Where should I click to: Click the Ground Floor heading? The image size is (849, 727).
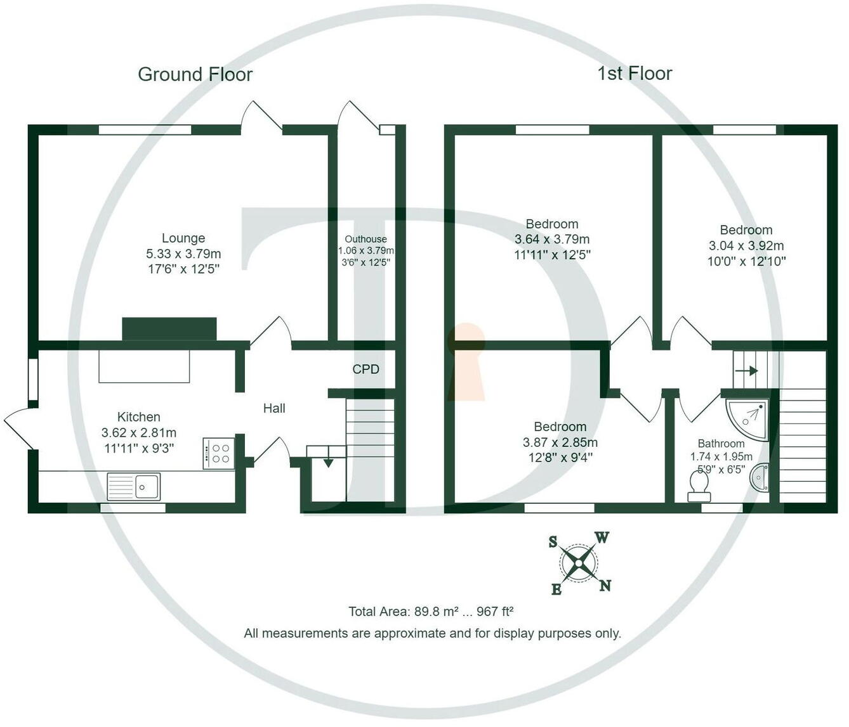click(x=195, y=75)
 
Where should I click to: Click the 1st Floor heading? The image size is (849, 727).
click(x=634, y=74)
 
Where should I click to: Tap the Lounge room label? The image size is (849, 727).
click(x=183, y=238)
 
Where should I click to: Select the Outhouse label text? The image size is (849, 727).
click(x=365, y=239)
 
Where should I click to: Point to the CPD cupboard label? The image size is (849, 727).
click(x=365, y=369)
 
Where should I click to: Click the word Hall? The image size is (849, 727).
click(x=274, y=409)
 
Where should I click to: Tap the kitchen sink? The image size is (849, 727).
click(x=135, y=487)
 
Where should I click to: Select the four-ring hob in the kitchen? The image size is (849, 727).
click(x=218, y=453)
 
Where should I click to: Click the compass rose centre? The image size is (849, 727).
click(x=579, y=563)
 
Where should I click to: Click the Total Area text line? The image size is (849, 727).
click(x=430, y=612)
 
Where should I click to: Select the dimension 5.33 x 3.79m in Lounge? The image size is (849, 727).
click(x=183, y=254)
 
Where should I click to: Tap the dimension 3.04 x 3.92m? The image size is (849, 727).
click(x=746, y=245)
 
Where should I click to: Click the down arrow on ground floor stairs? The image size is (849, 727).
click(x=328, y=462)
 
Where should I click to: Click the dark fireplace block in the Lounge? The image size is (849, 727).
click(x=169, y=329)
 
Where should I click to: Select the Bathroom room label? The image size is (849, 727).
click(x=721, y=444)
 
